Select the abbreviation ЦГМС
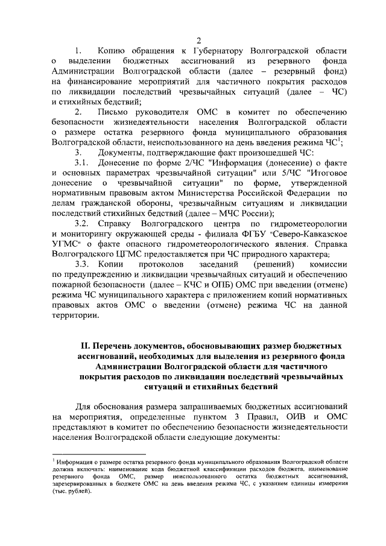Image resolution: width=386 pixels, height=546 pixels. [x=142, y=255]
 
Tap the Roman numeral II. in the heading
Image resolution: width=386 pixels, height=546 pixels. [x=85, y=346]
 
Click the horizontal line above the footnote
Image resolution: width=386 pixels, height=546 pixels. [x=100, y=454]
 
